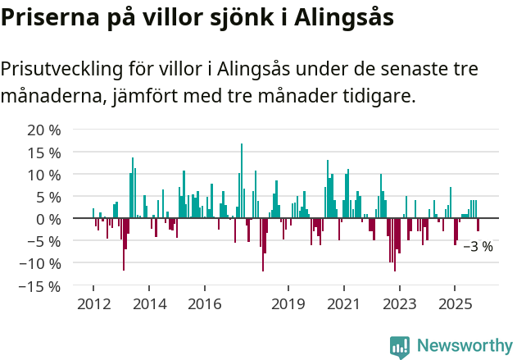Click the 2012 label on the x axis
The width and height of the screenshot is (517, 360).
[93, 304]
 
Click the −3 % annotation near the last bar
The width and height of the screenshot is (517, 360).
[478, 246]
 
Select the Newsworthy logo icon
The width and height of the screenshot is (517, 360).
[400, 347]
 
